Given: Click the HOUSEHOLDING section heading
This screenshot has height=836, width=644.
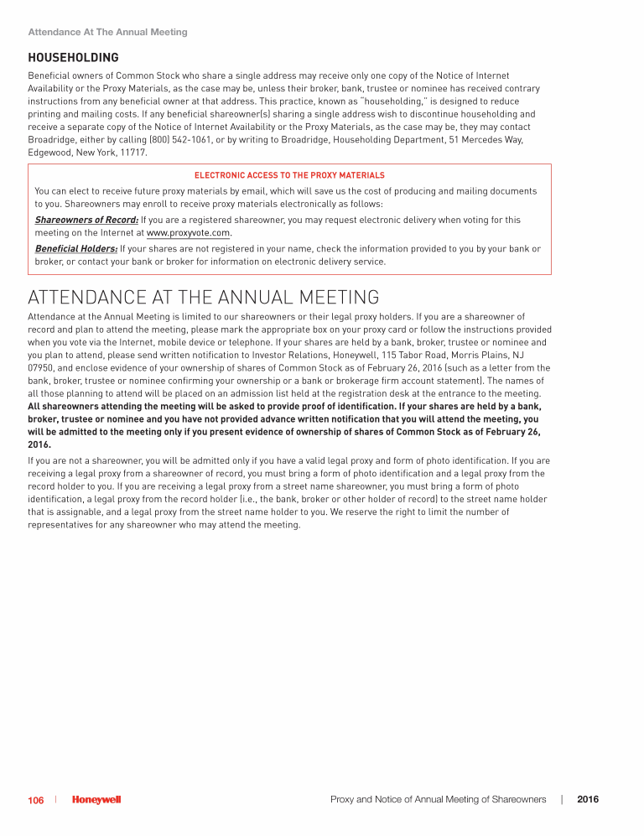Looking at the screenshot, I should (73, 58).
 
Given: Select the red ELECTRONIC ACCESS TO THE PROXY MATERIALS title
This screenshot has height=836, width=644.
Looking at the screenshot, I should (289, 175).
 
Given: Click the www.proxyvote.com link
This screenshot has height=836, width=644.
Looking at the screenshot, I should (189, 233).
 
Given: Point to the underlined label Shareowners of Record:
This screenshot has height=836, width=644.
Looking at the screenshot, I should (86, 221).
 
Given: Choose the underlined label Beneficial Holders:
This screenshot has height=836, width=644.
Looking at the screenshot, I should (76, 249).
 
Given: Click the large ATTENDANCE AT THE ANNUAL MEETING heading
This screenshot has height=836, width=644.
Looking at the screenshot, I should (203, 298).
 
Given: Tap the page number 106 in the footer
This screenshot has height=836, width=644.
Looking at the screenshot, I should (35, 801).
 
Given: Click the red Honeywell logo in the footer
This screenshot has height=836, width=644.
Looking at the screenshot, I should (96, 801).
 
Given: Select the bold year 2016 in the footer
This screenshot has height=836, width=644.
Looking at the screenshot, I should (588, 800).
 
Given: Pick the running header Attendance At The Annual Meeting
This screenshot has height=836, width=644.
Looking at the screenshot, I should (107, 33).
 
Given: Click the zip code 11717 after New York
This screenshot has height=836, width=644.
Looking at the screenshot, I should (134, 153).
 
